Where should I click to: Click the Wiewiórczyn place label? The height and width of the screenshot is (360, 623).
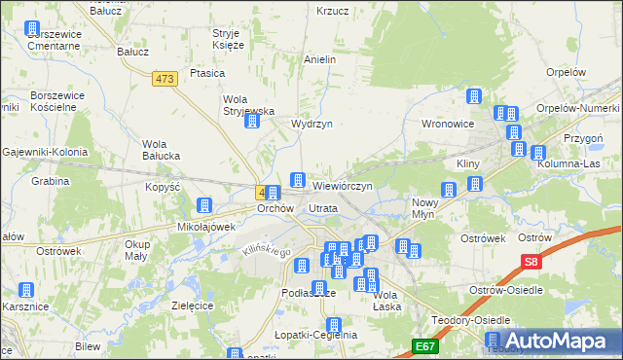pos(342,185)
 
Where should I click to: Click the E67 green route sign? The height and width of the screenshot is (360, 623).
pos(424,345)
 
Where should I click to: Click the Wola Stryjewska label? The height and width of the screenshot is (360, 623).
pos(249,105)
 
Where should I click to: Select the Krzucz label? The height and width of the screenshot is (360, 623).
pos(333,12)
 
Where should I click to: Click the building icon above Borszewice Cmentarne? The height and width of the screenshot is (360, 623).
pos(32,29)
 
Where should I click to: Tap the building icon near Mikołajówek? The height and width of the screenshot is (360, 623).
pos(204,205)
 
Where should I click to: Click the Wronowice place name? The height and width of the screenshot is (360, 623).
pos(447,125)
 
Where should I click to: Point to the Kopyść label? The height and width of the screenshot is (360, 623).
pos(164,186)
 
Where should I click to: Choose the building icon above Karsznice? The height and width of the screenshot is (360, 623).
pos(26,290)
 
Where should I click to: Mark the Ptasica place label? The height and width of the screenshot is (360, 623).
pos(207,73)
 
